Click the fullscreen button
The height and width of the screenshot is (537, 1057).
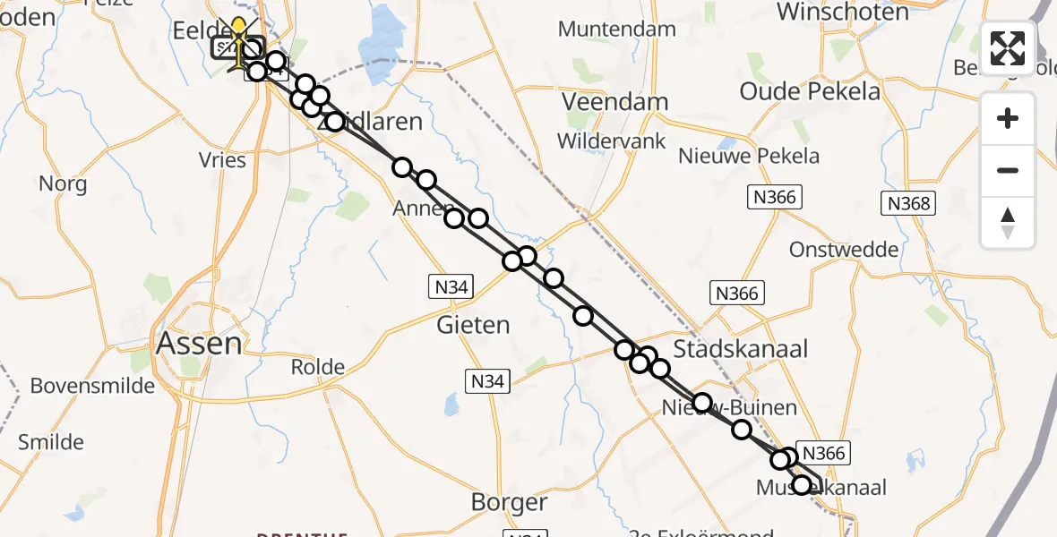click(1008, 47)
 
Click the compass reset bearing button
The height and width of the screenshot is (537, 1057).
click(1008, 223)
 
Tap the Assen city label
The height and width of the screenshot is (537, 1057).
click(199, 343)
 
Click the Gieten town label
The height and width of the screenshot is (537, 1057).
click(473, 325)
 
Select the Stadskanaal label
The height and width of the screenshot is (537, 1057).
click(740, 349)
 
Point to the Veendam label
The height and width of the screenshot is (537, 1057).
click(616, 101)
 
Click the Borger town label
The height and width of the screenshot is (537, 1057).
click(510, 503)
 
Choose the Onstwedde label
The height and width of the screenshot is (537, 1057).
click(844, 250)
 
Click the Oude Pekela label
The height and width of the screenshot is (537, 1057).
click(811, 90)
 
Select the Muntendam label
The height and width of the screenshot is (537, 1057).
click(616, 29)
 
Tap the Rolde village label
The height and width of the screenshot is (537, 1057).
click(318, 367)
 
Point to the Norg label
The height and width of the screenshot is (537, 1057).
click(63, 184)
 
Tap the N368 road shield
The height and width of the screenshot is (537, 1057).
click(909, 204)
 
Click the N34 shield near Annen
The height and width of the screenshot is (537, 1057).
click(451, 286)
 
